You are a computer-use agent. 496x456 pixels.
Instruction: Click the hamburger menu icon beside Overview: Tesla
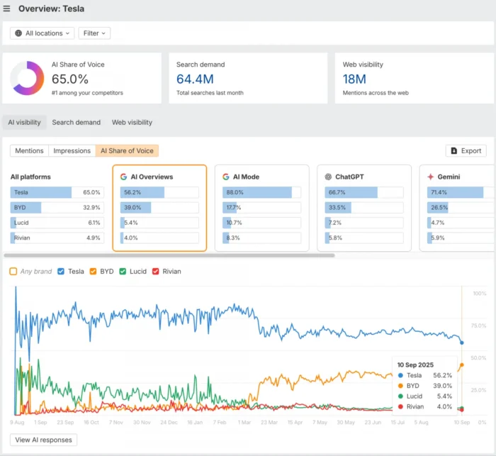point(7,9)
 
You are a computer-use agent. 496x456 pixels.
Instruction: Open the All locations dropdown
point(42,33)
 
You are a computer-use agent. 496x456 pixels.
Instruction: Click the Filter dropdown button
point(94,33)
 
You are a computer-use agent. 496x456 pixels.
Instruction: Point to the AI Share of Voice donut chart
point(28,78)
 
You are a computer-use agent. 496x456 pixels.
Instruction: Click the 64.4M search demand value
point(195,79)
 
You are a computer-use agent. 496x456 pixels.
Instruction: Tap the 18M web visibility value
point(354,79)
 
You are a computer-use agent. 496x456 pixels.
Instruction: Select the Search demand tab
point(76,122)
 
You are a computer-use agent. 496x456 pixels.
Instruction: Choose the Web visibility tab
point(132,122)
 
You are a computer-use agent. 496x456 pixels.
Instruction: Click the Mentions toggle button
point(29,150)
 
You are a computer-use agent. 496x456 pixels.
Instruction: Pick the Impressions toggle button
point(72,150)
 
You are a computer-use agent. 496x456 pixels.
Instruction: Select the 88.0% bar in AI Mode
point(257,192)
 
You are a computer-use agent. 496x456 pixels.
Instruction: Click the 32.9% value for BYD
point(91,207)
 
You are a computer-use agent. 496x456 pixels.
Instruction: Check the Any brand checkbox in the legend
point(13,271)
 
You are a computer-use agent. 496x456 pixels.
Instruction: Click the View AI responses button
point(43,440)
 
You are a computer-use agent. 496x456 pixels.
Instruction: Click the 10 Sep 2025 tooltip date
point(415,365)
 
